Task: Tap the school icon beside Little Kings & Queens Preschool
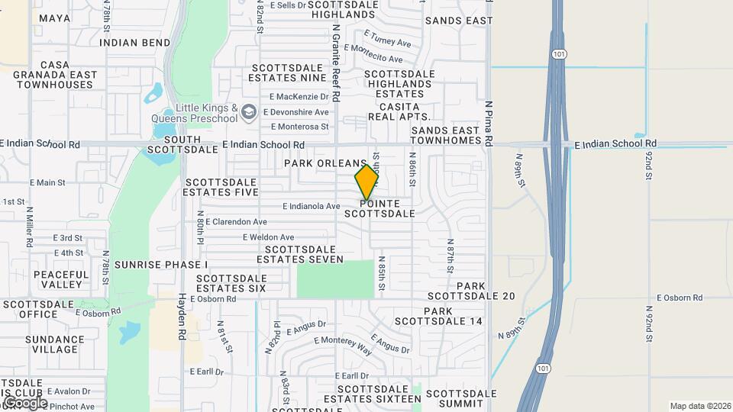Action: (x=248, y=113)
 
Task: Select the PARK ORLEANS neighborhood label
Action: (x=325, y=163)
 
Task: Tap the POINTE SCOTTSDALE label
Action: (x=379, y=208)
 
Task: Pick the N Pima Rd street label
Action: (x=489, y=122)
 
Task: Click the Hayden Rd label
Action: (x=182, y=317)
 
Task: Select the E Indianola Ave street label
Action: (x=311, y=206)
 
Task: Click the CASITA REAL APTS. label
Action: (x=399, y=111)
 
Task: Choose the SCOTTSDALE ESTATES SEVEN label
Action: (x=300, y=254)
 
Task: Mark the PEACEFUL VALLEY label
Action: (x=61, y=279)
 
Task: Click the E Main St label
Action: (x=47, y=183)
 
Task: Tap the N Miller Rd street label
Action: (x=29, y=227)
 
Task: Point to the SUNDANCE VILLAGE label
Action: (x=54, y=344)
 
